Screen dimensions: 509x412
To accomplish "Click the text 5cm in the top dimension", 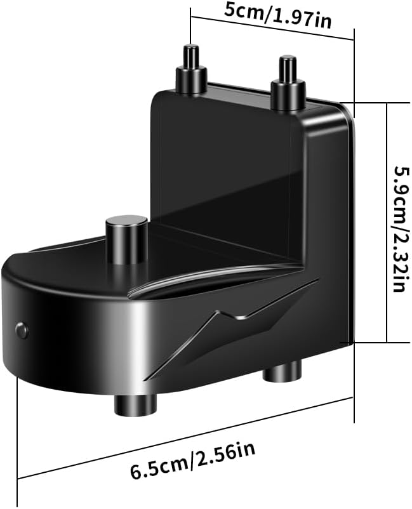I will [236, 10].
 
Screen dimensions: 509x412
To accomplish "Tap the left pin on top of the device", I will [191, 70].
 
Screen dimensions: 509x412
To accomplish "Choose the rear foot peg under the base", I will [282, 372].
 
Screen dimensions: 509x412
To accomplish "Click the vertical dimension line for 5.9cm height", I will [386, 222].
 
